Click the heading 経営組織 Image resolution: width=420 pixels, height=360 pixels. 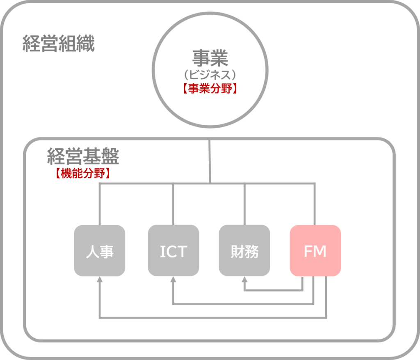point(59,44)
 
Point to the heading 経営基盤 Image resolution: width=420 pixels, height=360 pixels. point(83,156)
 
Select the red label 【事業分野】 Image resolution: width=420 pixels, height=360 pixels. point(210,89)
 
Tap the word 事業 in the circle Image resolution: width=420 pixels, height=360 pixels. point(210,59)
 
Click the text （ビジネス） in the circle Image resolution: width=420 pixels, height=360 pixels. point(210,75)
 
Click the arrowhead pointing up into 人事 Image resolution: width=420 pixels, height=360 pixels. point(100,280)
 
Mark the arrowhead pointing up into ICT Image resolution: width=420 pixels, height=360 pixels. point(173,280)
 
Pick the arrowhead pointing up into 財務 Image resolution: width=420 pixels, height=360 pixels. point(244,280)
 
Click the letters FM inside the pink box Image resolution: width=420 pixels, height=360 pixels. point(315,252)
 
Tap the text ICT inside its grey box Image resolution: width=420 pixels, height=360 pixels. point(173,252)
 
